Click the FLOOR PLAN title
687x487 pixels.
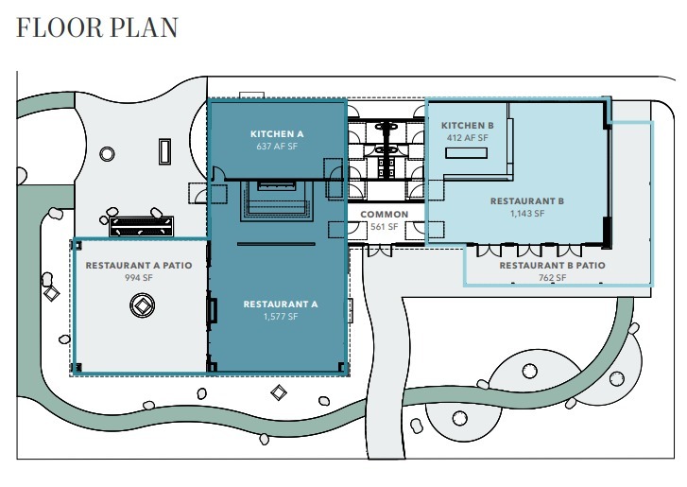pos(96,26)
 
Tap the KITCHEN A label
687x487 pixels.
pos(277,134)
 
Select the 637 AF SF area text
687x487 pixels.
pos(277,148)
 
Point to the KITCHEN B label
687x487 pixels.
pos(467,125)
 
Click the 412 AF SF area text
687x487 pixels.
pos(467,138)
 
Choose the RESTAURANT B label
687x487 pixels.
pos(526,201)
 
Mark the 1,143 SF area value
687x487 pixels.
pos(526,215)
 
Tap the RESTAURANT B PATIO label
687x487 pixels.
pos(552,266)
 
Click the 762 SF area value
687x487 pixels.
pos(552,278)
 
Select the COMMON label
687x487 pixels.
pos(385,215)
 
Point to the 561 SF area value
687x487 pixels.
pos(385,227)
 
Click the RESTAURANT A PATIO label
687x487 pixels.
pos(139,266)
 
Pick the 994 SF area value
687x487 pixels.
pos(139,279)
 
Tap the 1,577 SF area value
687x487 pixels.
pos(280,317)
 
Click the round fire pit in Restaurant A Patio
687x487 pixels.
pos(142,306)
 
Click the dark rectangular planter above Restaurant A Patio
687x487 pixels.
pos(142,225)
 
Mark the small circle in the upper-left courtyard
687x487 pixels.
pos(107,152)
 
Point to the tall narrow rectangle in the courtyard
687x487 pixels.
pos(165,151)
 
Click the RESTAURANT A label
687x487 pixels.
pos(280,304)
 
